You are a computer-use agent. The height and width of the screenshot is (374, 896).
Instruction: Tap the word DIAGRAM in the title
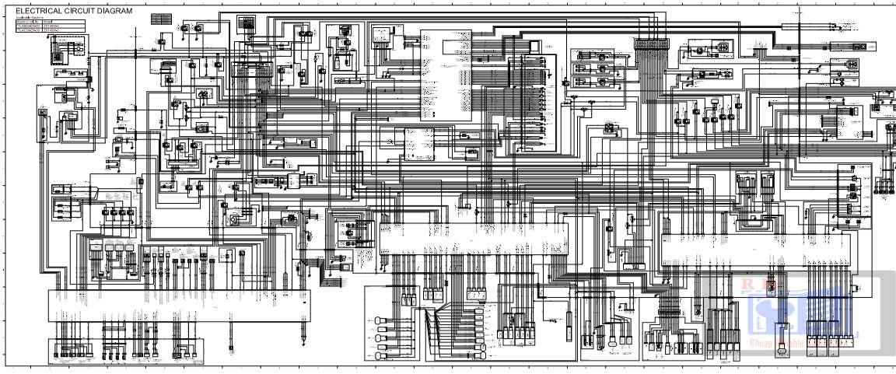[x=116, y=12]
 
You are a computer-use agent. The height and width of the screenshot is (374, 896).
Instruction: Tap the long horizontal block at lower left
[x=180, y=305]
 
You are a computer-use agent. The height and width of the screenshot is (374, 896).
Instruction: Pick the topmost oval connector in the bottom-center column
[x=380, y=320]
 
